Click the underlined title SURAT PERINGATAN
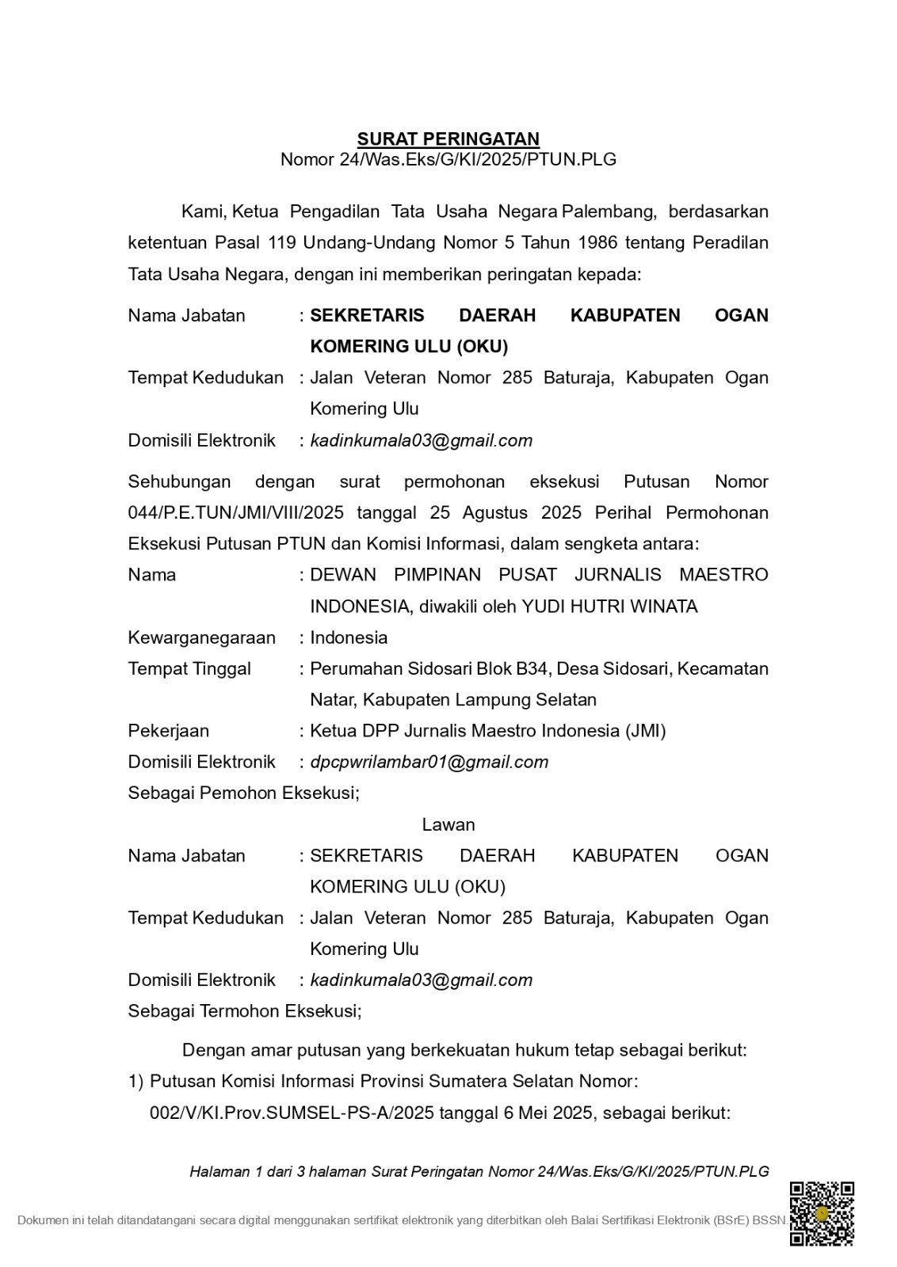pos(448,139)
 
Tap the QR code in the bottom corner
pos(822,1213)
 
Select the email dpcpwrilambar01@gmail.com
pos(429,762)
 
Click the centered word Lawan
pos(448,824)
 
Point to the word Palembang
pos(609,211)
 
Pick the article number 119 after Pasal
pos(282,242)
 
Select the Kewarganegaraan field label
pos(201,637)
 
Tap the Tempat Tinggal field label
pos(189,668)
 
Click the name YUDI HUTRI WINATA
pos(609,607)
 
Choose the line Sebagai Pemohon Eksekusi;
pos(243,793)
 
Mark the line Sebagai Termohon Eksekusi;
pos(245,1011)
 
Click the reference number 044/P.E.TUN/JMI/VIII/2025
pos(235,512)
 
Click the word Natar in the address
pos(333,700)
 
